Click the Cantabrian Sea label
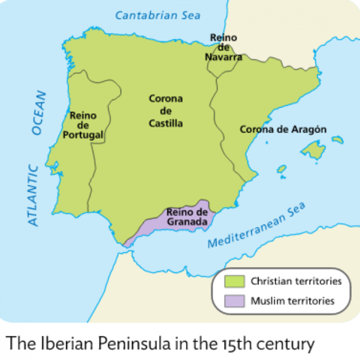pos(158,14)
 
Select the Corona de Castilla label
pos(166,110)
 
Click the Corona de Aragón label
pos(283,129)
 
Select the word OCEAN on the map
pos(39,113)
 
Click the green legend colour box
pos(235,282)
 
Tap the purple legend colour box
pos(235,302)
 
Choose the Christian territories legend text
pos(296,282)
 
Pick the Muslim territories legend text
pos(292,302)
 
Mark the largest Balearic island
pos(312,153)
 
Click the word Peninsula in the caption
pos(123,344)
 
